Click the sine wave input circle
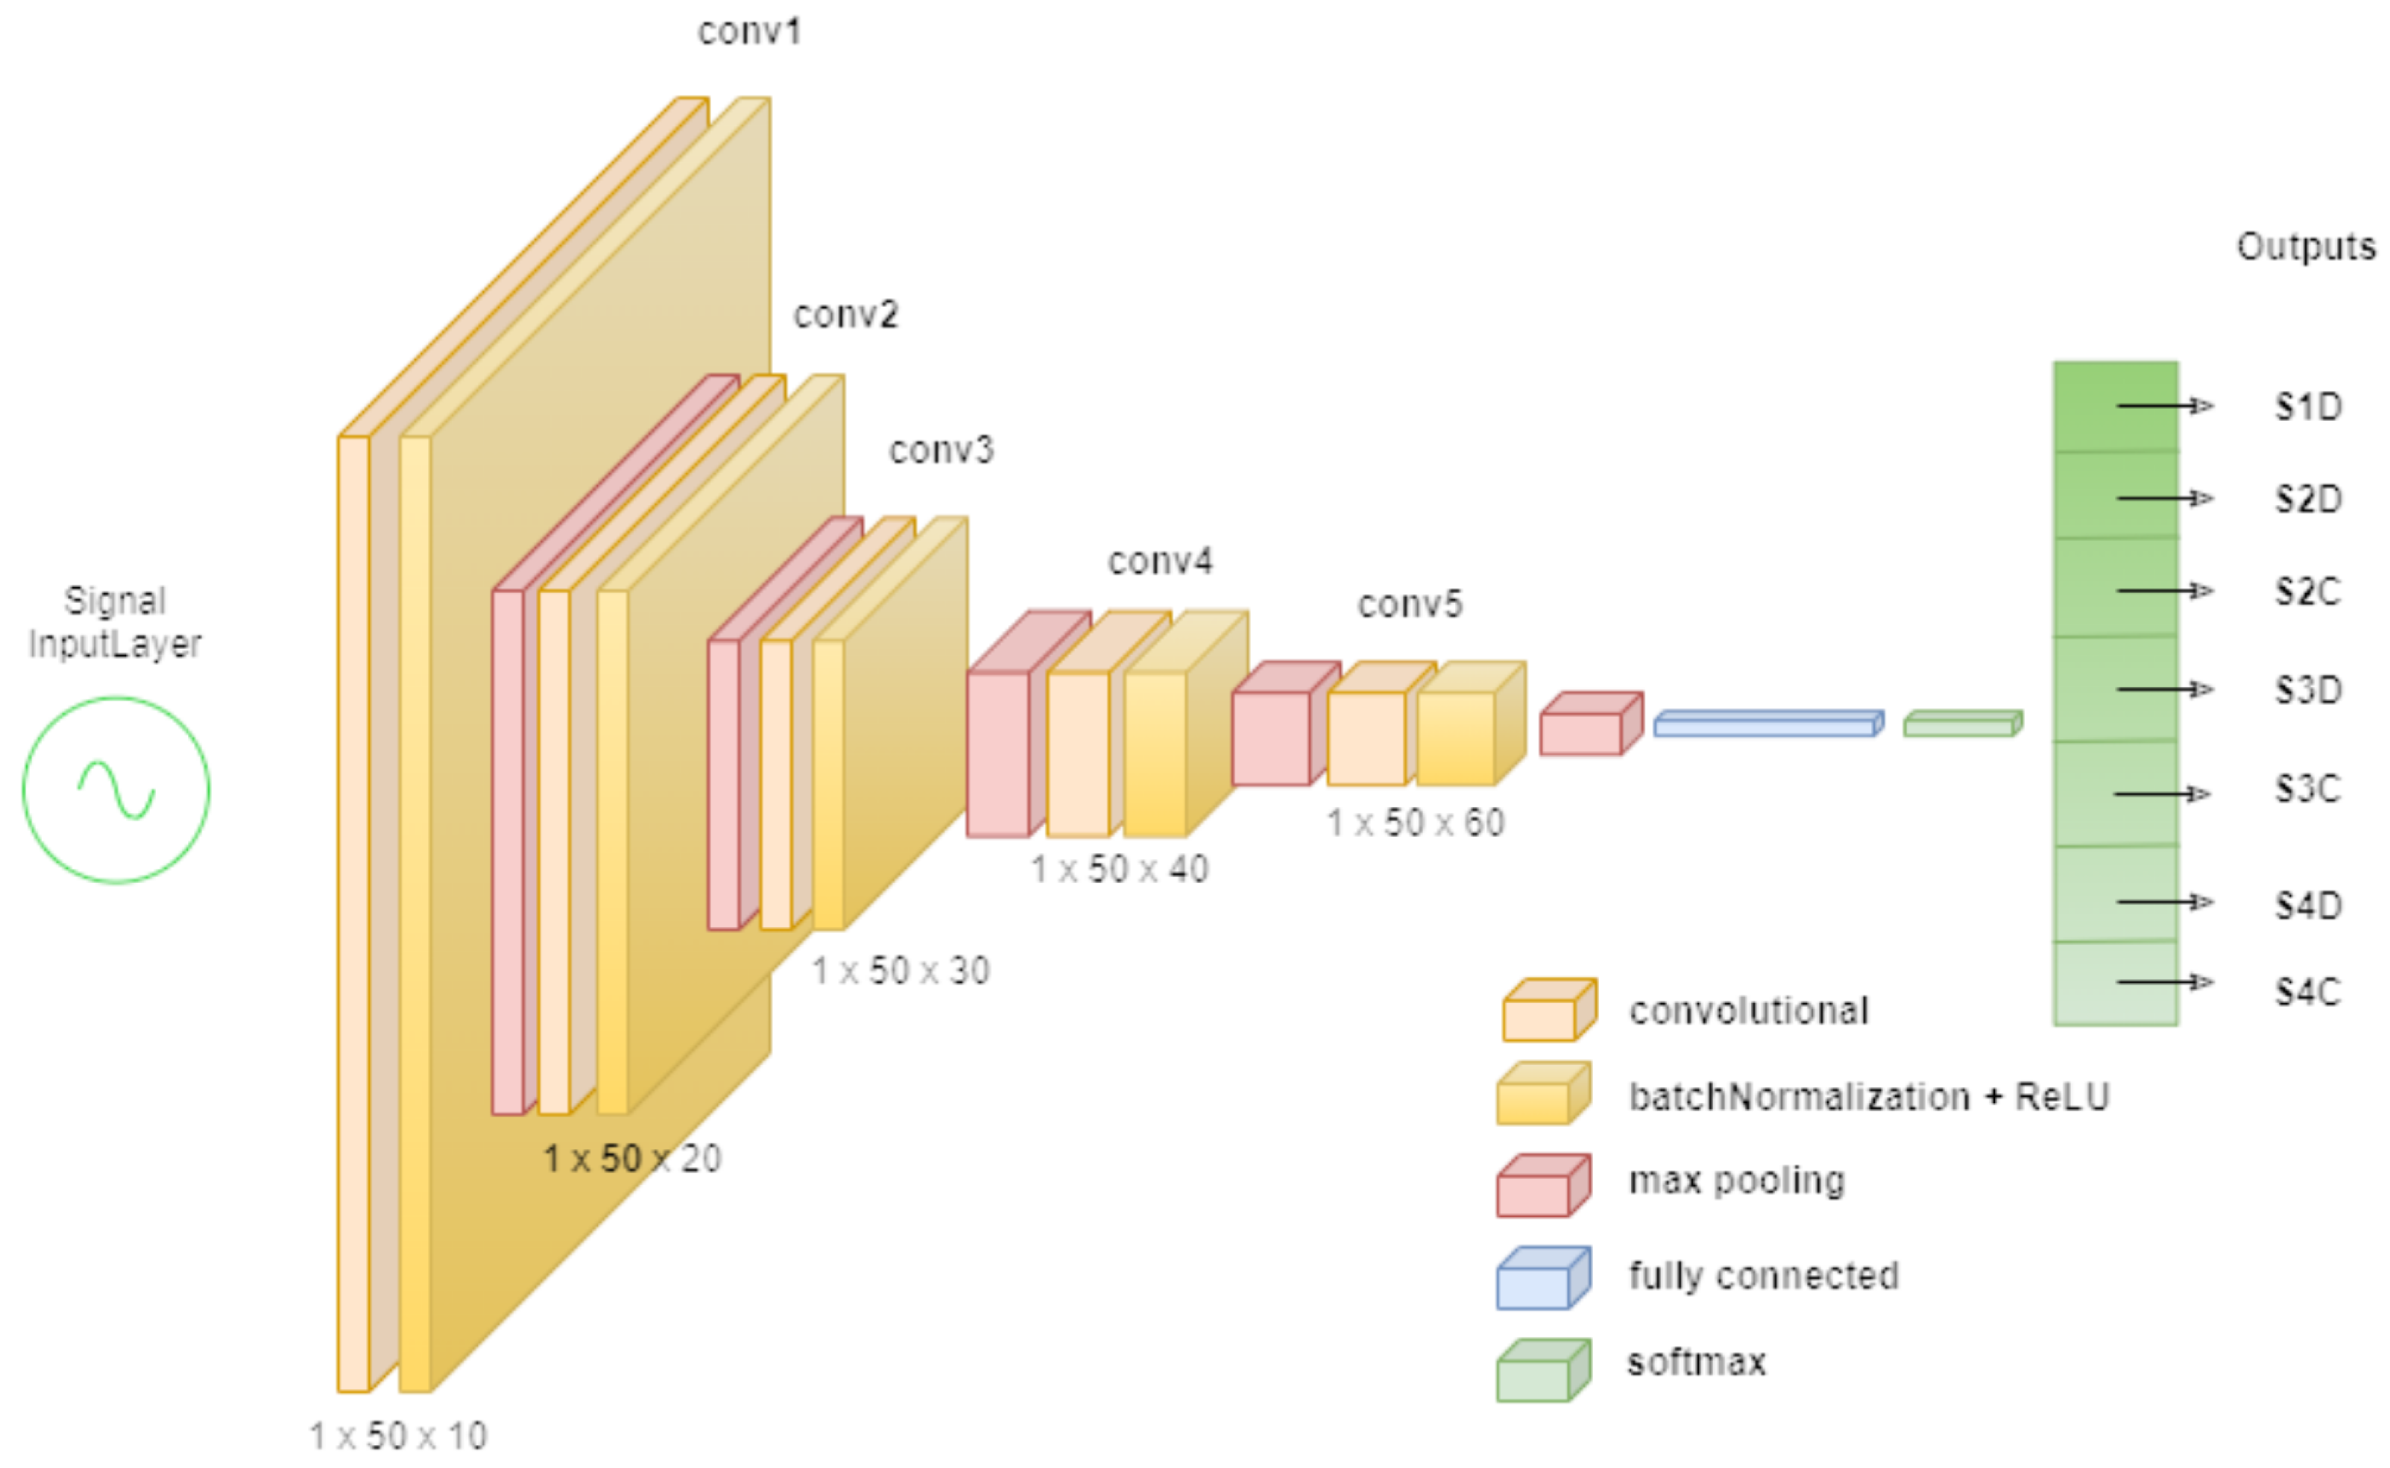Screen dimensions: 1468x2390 click(x=116, y=789)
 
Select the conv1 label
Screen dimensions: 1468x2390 click(x=748, y=32)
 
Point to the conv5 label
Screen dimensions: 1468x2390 click(x=1409, y=605)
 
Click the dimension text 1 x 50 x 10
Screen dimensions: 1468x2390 click(x=398, y=1436)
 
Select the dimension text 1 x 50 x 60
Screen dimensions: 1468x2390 click(x=1415, y=823)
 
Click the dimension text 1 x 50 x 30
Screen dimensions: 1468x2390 click(x=901, y=971)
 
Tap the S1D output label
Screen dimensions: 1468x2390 click(x=2309, y=407)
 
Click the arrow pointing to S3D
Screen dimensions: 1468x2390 click(x=2163, y=689)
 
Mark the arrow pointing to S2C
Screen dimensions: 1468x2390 click(x=2163, y=590)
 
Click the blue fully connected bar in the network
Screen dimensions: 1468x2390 click(x=1768, y=724)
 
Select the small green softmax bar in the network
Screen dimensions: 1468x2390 click(x=1961, y=724)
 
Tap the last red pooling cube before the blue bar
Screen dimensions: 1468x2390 click(x=1589, y=725)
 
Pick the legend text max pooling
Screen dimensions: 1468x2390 click(x=1736, y=1180)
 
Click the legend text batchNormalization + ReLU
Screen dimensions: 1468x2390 click(x=1868, y=1097)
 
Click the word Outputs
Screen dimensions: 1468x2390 click(x=2306, y=247)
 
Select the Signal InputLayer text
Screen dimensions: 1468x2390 click(x=115, y=622)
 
